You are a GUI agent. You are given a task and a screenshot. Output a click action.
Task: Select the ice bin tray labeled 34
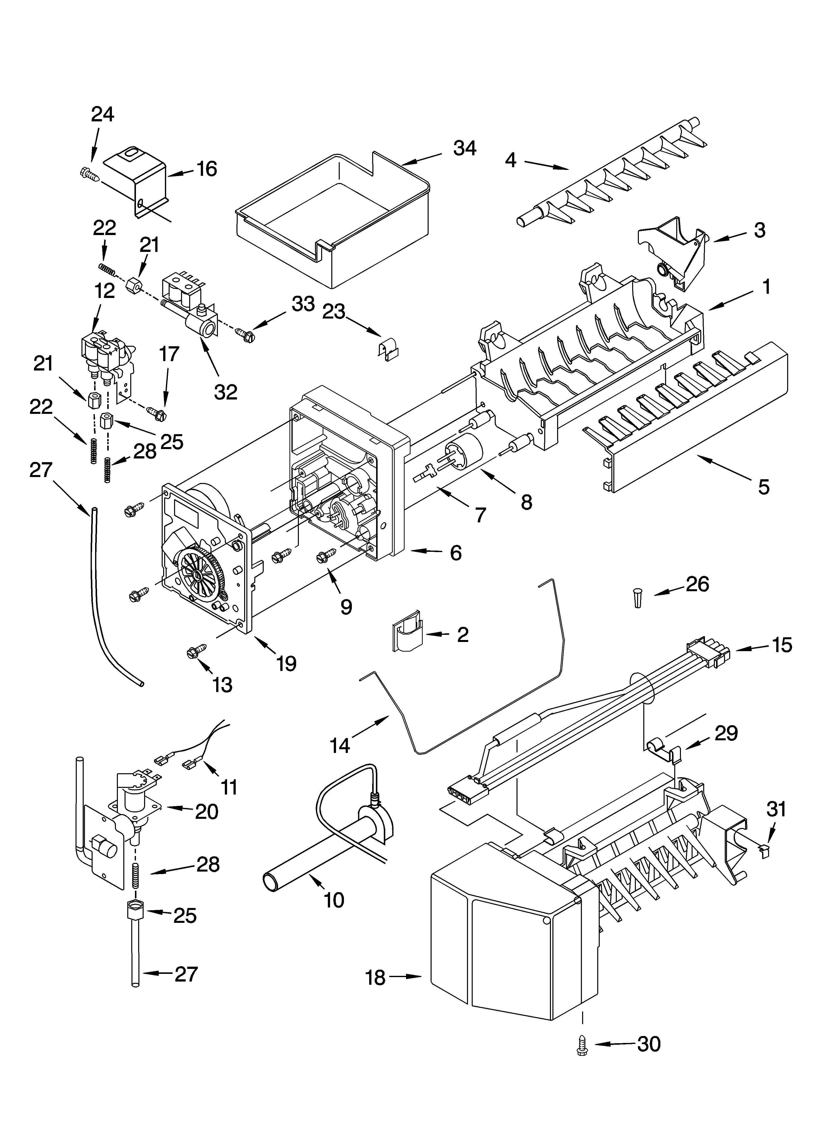333,217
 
